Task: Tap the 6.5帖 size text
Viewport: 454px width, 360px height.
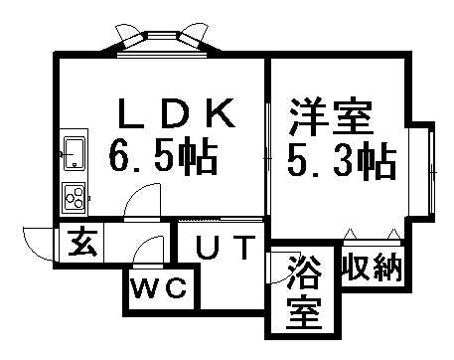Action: [165, 156]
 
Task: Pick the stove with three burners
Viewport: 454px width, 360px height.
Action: [75, 196]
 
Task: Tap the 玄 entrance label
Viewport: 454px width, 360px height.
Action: [81, 244]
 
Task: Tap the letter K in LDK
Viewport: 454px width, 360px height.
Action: [222, 114]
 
